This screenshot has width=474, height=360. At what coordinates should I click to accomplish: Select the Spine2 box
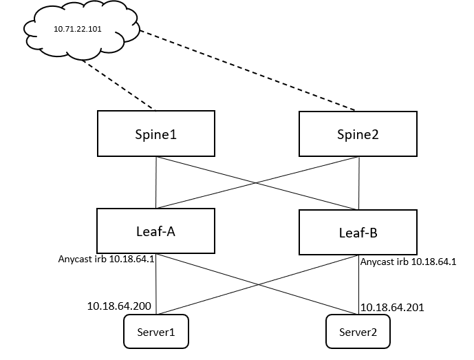(358, 134)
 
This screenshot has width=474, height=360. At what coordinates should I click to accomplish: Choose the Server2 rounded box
(358, 332)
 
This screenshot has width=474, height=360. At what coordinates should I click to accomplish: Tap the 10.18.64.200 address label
(120, 305)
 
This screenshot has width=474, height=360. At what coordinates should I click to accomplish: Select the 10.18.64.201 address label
(392, 307)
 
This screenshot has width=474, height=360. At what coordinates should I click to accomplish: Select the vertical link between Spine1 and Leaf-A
(157, 182)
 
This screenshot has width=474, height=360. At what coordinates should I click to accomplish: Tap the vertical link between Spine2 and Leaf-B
(359, 182)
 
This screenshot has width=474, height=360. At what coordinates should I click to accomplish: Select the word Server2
(358, 332)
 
